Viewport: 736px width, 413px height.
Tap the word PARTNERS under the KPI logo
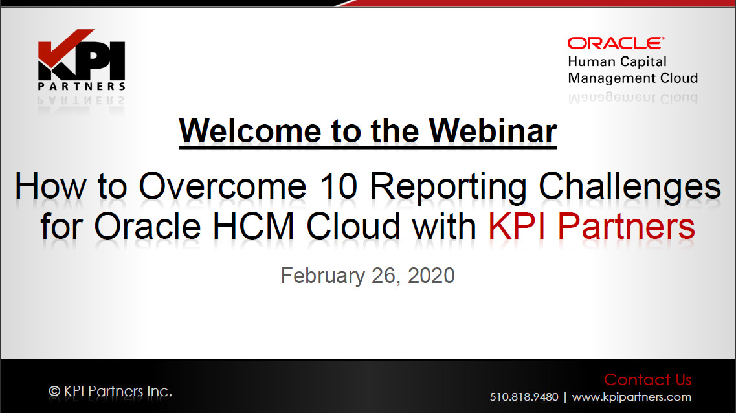82,86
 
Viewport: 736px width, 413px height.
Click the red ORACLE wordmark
616,43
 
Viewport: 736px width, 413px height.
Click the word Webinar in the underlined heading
493,131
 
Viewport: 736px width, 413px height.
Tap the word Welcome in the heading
250,131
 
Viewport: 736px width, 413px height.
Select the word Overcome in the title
223,186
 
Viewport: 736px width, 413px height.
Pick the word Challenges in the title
629,188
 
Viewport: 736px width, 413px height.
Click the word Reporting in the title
448,188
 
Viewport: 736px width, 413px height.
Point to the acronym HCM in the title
254,226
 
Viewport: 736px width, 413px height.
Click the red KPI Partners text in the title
592,226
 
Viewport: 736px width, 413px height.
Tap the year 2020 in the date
431,276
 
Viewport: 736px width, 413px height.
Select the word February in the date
322,276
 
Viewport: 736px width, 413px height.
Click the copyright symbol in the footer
54,391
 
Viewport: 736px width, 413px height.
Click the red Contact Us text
648,379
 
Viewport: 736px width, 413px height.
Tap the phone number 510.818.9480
524,397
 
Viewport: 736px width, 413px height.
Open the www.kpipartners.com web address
631,397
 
